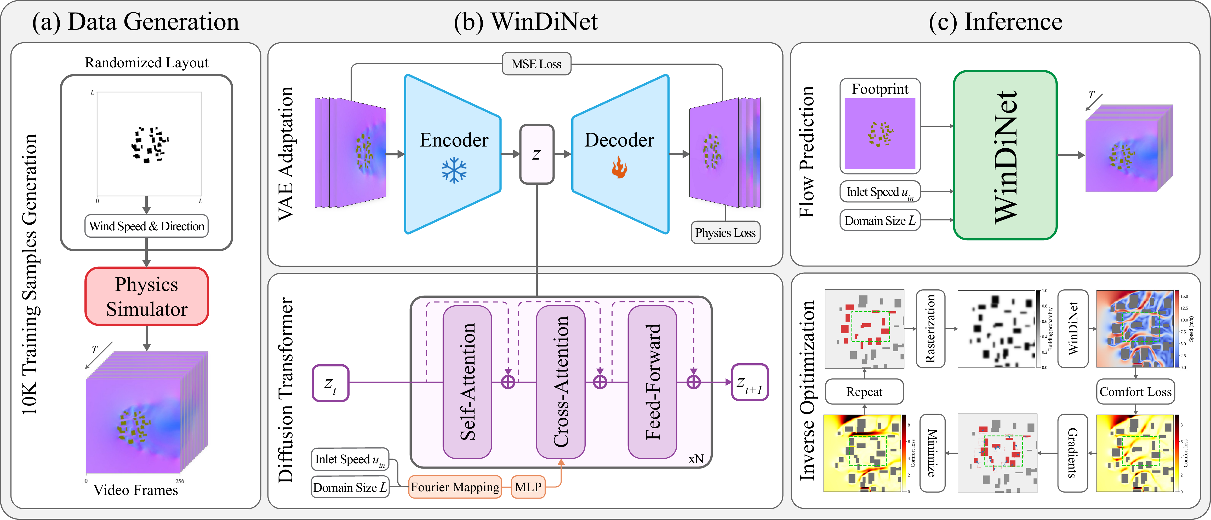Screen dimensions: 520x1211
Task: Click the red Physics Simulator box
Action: tap(147, 296)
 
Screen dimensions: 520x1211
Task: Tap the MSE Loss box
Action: tap(536, 64)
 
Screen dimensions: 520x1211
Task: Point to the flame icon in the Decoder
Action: tap(619, 168)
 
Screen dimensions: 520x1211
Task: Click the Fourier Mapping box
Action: tap(455, 487)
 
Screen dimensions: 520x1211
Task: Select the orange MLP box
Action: tap(528, 487)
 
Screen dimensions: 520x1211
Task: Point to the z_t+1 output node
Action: tap(750, 383)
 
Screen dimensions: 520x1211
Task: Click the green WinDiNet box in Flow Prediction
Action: tap(1005, 155)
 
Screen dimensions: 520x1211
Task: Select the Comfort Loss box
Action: tap(1135, 392)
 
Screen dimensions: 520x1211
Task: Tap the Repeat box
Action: tap(864, 392)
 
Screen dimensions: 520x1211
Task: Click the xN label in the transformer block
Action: tap(696, 459)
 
